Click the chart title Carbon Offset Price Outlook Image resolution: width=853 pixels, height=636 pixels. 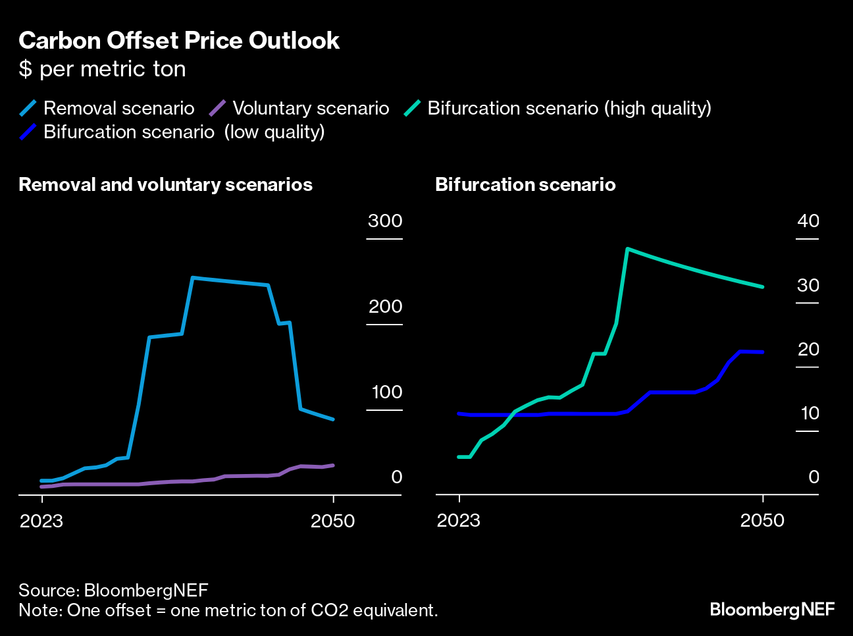click(179, 41)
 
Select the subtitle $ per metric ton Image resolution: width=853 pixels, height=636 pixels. click(102, 69)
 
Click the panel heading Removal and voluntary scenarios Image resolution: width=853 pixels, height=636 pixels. click(165, 184)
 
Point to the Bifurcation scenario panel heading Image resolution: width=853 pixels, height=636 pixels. click(525, 184)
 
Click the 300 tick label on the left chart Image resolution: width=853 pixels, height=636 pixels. click(385, 221)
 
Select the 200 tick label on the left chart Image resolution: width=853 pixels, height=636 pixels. click(385, 306)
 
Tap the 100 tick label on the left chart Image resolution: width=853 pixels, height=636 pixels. click(386, 392)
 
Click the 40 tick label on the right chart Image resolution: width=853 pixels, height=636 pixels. click(808, 221)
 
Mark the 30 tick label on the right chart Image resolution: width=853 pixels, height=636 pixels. click(808, 285)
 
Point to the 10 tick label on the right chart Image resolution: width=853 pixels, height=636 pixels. click(810, 413)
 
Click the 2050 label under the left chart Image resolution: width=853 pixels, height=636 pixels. click(333, 521)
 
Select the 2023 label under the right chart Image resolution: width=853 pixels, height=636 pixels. click(459, 520)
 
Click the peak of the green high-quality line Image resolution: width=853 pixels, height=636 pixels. click(628, 249)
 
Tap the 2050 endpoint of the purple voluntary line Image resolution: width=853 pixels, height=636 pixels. click(333, 465)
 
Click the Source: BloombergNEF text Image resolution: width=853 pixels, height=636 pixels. click(113, 590)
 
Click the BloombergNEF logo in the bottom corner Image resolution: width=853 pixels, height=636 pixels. click(772, 610)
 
